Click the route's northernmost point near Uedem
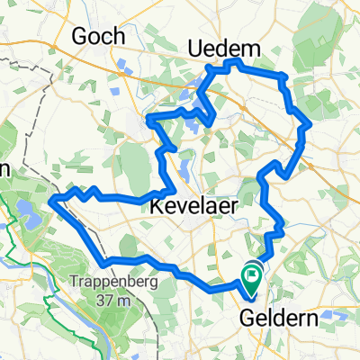point(236,60)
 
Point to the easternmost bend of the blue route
point(310,123)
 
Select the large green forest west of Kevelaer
point(135,166)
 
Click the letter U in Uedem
point(193,47)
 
